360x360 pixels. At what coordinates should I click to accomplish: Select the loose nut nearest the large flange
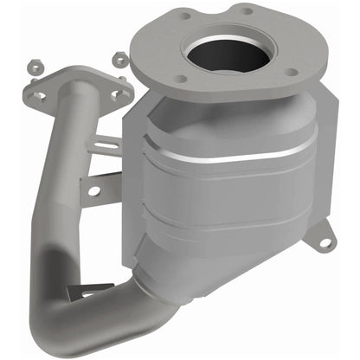point(120,60)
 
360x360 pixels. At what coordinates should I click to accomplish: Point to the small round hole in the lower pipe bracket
point(93,188)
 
